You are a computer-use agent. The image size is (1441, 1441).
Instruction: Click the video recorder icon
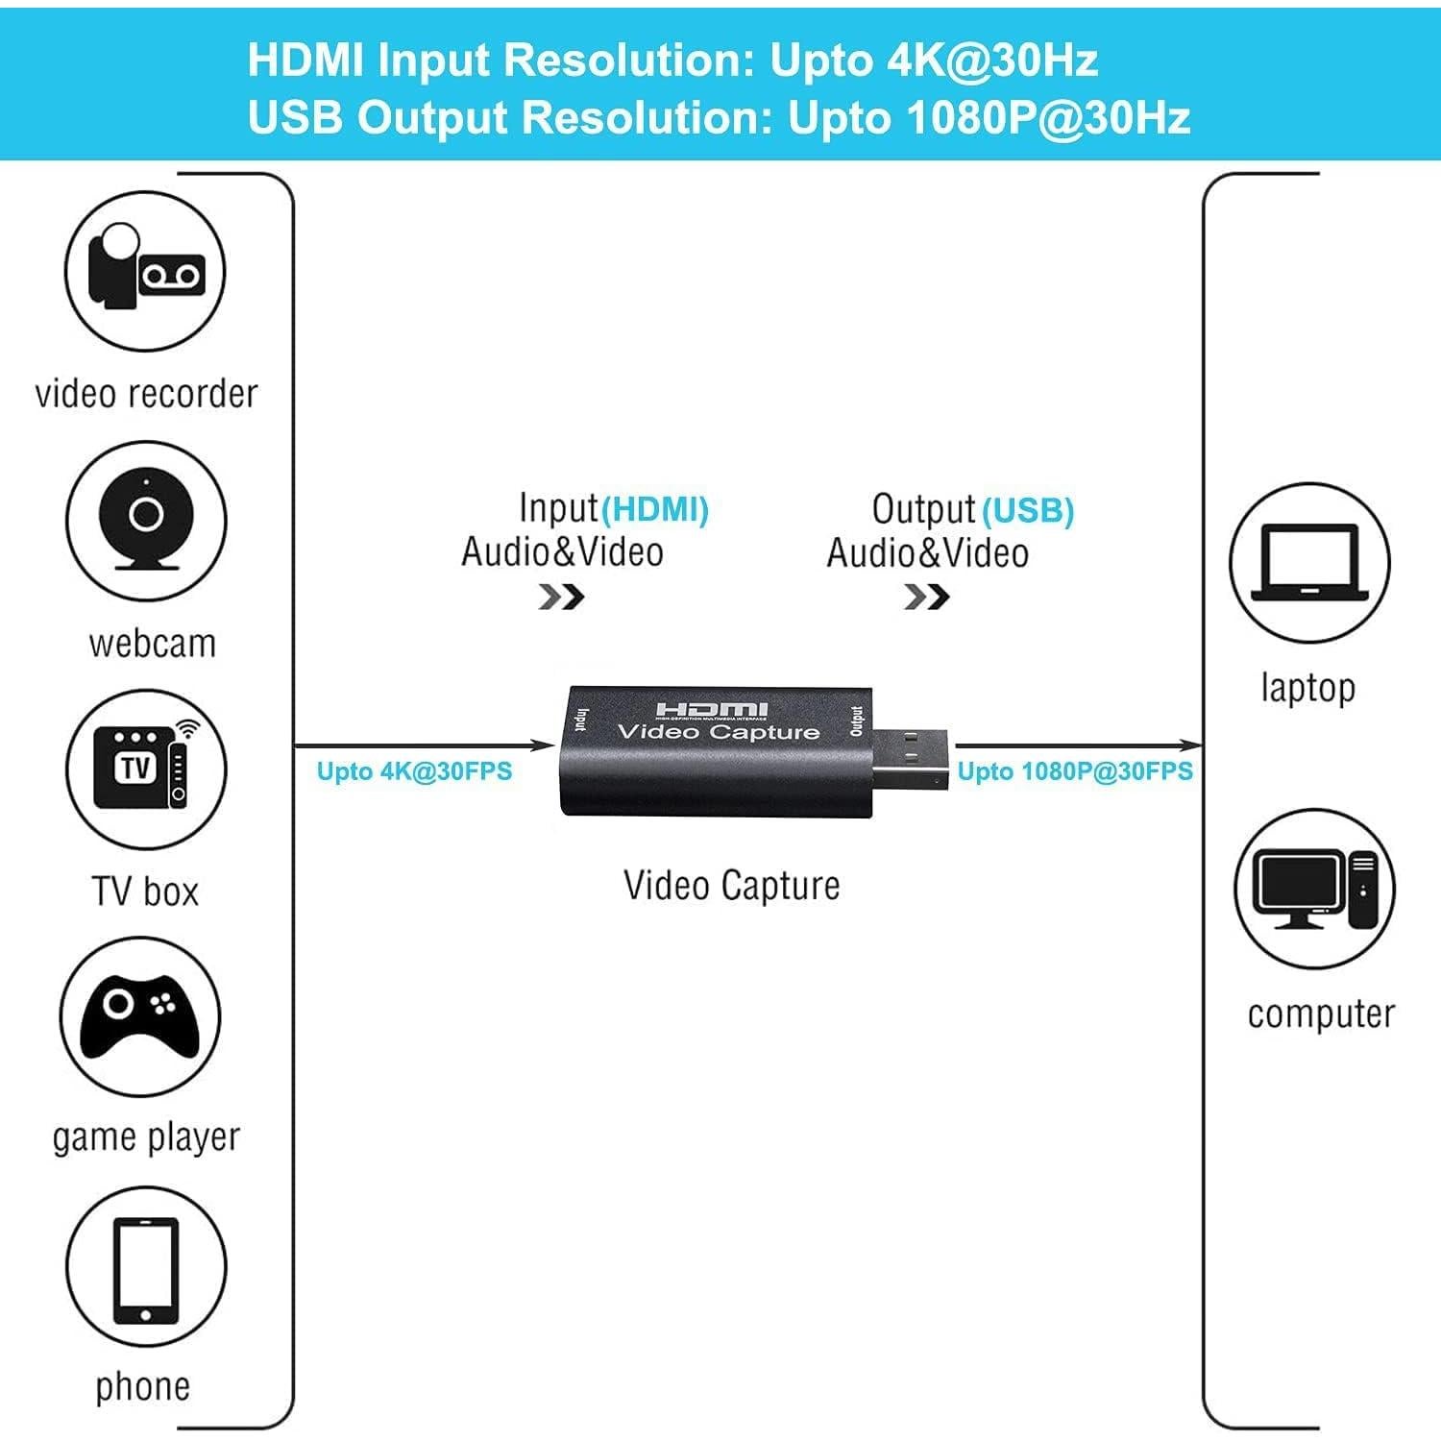(145, 271)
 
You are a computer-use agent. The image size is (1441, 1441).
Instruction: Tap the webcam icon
(146, 522)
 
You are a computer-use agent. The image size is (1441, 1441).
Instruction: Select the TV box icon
(146, 769)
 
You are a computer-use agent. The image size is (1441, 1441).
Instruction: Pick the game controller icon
(140, 1016)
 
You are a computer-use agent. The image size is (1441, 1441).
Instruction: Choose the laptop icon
(1310, 563)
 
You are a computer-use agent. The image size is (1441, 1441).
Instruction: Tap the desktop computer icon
(1314, 889)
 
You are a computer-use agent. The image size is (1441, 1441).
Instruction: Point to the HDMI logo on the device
(713, 710)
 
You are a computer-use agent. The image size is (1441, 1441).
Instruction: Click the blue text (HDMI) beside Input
(655, 509)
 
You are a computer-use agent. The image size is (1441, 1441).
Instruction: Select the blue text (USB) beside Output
(1027, 510)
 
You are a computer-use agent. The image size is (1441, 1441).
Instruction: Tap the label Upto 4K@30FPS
(414, 771)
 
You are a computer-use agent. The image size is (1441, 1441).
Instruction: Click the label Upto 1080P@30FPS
(1075, 771)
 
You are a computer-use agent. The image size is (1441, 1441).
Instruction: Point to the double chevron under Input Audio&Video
(561, 598)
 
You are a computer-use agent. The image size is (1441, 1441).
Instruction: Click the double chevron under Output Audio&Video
(927, 598)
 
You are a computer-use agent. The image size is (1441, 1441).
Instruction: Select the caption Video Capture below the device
(731, 885)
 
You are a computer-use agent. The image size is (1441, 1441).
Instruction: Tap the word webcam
(152, 643)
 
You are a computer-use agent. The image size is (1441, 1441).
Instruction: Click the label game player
(146, 1137)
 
